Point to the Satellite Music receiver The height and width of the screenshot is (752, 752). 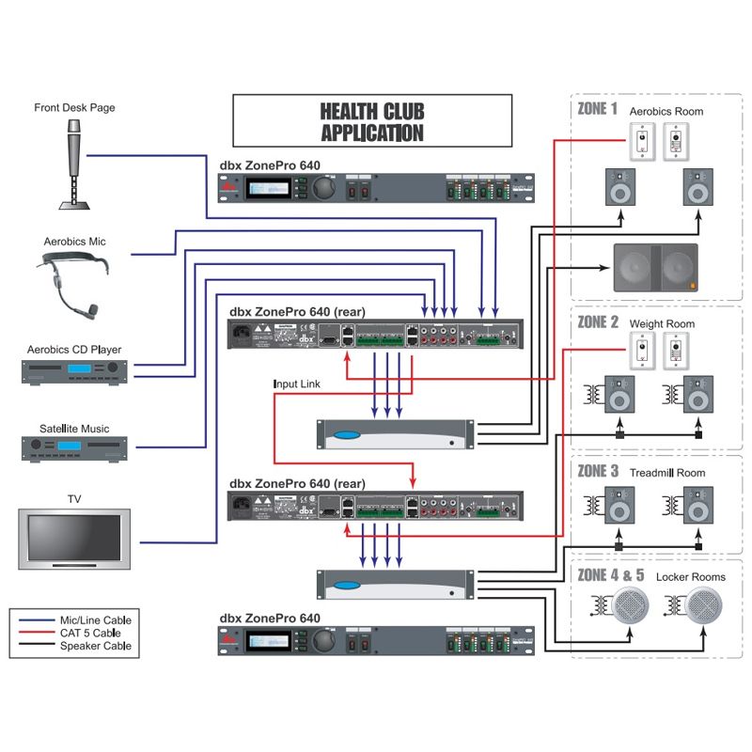[x=73, y=447]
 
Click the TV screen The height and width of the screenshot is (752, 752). [x=73, y=542]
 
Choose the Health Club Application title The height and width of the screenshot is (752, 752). [x=372, y=121]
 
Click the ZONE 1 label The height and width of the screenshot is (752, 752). [x=597, y=109]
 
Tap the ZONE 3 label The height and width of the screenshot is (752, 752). [x=598, y=471]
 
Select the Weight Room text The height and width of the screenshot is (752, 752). [x=662, y=324]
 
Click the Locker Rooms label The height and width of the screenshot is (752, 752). [x=691, y=576]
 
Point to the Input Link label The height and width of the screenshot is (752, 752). [x=300, y=384]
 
